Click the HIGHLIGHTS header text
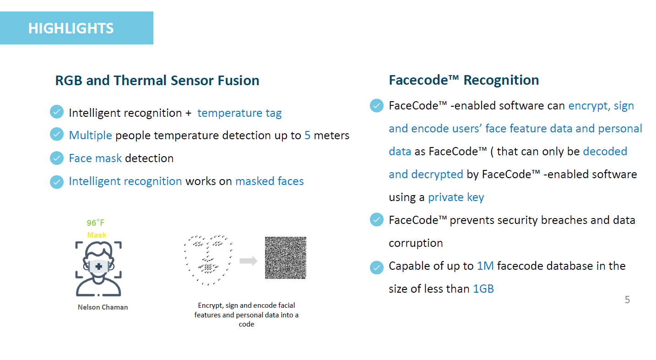tap(71, 28)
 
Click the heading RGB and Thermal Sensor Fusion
tap(157, 80)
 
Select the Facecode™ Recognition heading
tap(464, 80)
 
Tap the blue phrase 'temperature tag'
tap(239, 113)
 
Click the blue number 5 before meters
tap(307, 135)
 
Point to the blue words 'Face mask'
tap(95, 158)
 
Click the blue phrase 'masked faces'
tap(270, 181)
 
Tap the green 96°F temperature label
tap(96, 223)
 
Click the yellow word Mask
tap(97, 235)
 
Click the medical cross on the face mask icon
tap(99, 267)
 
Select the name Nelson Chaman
tap(103, 307)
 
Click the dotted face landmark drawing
tap(208, 260)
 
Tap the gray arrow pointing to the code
tap(248, 261)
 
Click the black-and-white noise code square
tap(286, 258)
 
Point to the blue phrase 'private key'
tap(456, 197)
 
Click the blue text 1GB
tap(483, 289)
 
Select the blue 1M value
tap(485, 266)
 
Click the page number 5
tap(627, 300)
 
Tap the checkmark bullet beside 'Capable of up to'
tap(377, 267)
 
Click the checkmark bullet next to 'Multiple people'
tap(57, 135)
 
